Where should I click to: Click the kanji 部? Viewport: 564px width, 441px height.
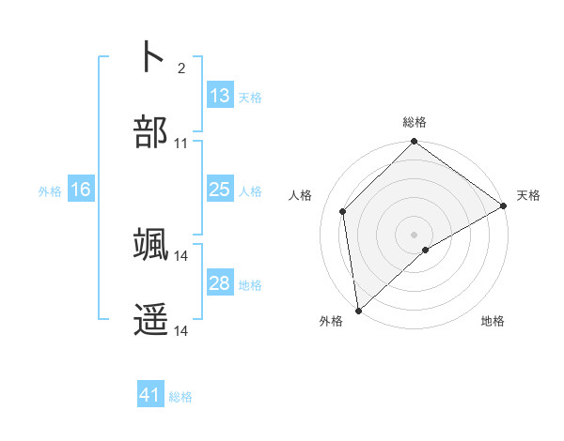[x=150, y=132]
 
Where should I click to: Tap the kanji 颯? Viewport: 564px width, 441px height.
[x=150, y=244]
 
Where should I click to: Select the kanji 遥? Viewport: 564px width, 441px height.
[x=150, y=320]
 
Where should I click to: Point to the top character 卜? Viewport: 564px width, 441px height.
[x=150, y=56]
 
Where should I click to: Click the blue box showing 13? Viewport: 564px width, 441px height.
[x=219, y=96]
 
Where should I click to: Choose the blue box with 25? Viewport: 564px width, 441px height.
[x=219, y=190]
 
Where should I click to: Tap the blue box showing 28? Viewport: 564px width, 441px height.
[x=219, y=283]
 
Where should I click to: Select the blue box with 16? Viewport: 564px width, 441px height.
[x=81, y=190]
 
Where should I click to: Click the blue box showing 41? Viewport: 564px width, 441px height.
[x=150, y=395]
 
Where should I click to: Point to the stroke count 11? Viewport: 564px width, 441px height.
[x=181, y=144]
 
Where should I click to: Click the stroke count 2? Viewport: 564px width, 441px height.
[x=181, y=68]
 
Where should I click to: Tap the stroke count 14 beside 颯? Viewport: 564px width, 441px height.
[x=181, y=255]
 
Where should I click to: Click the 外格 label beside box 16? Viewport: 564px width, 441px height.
[x=50, y=190]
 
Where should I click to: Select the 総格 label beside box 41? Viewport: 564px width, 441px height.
[x=180, y=396]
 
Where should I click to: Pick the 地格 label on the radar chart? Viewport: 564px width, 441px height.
[x=493, y=321]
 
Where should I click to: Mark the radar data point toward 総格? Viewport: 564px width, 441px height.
[x=414, y=143]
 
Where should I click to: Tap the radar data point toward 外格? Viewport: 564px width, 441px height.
[x=358, y=310]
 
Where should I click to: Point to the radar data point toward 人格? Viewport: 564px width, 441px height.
[x=343, y=211]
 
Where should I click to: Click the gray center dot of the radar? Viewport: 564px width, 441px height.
[x=414, y=234]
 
